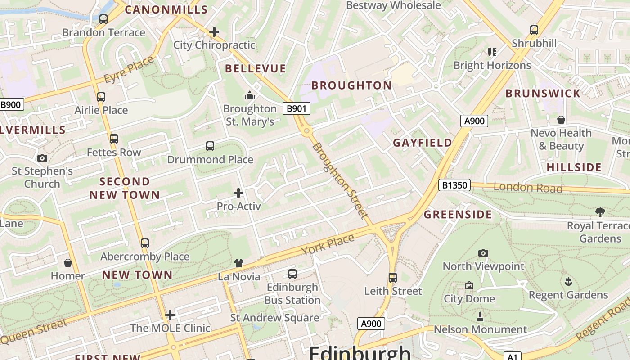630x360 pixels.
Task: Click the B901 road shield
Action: (297, 108)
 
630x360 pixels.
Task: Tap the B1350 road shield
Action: (454, 185)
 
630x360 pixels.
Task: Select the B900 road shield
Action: (11, 105)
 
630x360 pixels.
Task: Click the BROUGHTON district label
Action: (351, 85)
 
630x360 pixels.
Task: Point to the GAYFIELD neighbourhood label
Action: (423, 143)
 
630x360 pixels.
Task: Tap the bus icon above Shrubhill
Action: (534, 30)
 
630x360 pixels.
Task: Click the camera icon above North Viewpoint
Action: (483, 253)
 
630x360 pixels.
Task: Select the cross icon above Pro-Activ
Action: (238, 193)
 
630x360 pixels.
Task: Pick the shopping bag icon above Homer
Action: (68, 263)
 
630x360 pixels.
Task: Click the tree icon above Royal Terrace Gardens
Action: (600, 212)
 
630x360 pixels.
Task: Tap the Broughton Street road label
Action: (340, 181)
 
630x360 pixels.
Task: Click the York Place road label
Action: (328, 245)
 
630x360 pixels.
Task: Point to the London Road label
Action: (528, 187)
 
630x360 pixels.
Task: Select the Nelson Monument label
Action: (480, 329)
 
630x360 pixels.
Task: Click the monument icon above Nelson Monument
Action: (480, 317)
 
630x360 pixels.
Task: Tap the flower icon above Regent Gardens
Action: (568, 282)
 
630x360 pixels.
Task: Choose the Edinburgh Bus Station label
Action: (292, 293)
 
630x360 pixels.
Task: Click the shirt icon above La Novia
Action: (238, 263)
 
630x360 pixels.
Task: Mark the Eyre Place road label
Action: (129, 70)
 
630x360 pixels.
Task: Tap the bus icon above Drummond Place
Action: (210, 146)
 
